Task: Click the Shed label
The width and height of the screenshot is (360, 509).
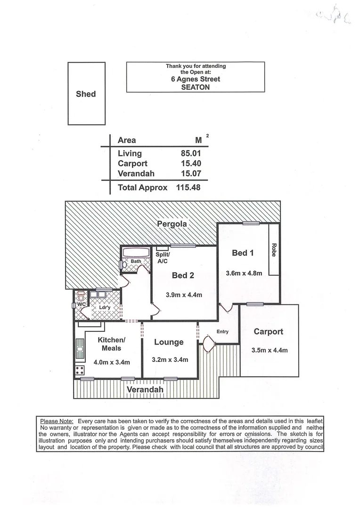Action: click(x=86, y=94)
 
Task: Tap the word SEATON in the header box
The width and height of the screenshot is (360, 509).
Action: click(x=195, y=87)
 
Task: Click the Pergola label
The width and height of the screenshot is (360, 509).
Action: click(x=172, y=224)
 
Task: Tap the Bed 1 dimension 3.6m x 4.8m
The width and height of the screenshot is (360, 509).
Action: click(x=244, y=273)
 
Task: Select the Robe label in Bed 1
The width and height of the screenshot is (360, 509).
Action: click(x=273, y=249)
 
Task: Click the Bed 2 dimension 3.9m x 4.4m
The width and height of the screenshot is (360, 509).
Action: click(x=184, y=295)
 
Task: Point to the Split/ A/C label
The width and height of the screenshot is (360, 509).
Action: click(x=163, y=257)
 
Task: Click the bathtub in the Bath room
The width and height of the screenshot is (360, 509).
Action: click(x=136, y=252)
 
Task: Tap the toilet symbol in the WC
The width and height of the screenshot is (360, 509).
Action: click(x=81, y=298)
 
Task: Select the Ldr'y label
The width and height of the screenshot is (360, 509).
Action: click(x=104, y=308)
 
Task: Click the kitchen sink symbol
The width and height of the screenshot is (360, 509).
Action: click(x=80, y=349)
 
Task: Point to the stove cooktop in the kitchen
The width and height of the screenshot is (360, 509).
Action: click(x=80, y=370)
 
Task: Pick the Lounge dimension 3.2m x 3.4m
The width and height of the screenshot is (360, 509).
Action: click(x=170, y=360)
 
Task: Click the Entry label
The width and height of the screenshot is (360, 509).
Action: click(x=222, y=332)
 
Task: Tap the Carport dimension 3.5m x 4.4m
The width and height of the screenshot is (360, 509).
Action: click(x=269, y=350)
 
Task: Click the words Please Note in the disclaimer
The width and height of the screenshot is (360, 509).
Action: click(x=57, y=420)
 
